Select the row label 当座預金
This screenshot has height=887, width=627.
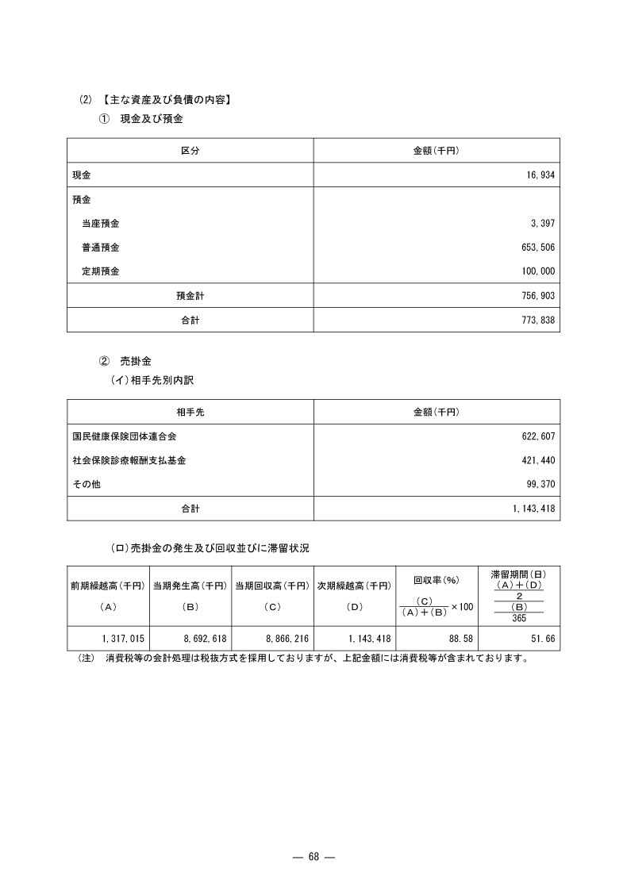(101, 225)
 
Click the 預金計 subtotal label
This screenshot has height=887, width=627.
(190, 295)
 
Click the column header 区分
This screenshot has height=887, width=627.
(190, 151)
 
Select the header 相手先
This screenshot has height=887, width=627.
(190, 412)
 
